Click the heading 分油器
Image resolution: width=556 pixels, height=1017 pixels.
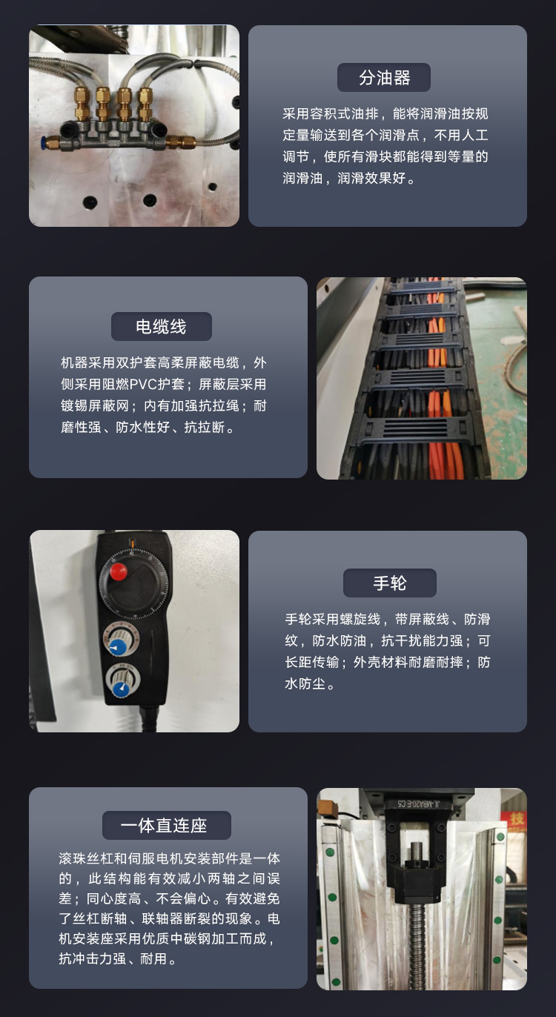pyautogui.click(x=384, y=78)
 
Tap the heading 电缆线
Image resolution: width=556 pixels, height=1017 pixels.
pyautogui.click(x=162, y=326)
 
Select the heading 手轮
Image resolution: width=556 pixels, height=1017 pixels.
pyautogui.click(x=390, y=583)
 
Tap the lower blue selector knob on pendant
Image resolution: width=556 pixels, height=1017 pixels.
pyautogui.click(x=122, y=689)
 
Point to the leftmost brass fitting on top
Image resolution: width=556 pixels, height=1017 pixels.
pyautogui.click(x=82, y=104)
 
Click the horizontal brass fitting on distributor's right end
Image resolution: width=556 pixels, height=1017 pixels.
pyautogui.click(x=181, y=142)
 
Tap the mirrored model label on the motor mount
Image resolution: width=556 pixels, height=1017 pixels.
pyautogui.click(x=418, y=804)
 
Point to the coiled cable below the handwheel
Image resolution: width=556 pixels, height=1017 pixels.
pyautogui.click(x=148, y=718)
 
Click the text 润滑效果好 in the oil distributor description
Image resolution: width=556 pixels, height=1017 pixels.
pyautogui.click(x=371, y=178)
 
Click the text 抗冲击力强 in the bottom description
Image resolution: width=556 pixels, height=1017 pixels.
pyautogui.click(x=92, y=958)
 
